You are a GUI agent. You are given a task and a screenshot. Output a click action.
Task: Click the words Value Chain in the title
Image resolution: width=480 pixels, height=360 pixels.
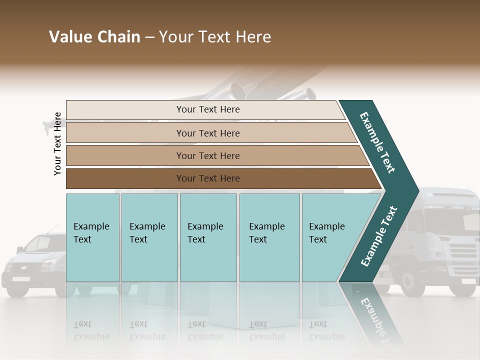coord(94,37)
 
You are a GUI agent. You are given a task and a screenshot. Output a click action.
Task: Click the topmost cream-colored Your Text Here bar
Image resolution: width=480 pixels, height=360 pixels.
coord(207,109)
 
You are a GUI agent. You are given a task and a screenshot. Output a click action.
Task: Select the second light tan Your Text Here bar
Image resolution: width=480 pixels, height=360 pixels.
coord(207,133)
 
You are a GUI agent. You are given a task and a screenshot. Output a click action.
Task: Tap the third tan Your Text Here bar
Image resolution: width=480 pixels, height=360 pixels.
coord(207,155)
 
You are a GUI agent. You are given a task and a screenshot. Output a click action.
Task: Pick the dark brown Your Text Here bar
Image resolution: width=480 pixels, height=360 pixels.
coord(207,178)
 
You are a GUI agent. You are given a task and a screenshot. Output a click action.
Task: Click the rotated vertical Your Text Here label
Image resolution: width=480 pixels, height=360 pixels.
coord(57,143)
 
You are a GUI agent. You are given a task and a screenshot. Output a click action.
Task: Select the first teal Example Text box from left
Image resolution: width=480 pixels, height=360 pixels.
coord(92,237)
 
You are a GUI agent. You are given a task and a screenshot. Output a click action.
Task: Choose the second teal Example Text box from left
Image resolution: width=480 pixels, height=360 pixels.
coord(149,237)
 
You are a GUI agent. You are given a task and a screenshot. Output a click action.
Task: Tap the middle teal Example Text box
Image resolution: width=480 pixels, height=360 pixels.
coord(208,237)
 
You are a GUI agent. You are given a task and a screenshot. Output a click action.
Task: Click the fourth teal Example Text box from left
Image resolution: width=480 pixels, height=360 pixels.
coord(269,237)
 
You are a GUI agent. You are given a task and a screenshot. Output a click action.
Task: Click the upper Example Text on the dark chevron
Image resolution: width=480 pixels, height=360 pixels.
coord(377,142)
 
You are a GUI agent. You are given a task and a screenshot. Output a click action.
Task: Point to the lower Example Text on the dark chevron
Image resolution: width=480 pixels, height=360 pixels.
coord(378,236)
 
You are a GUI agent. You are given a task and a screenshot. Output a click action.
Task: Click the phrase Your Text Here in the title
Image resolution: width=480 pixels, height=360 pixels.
coord(215,37)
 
